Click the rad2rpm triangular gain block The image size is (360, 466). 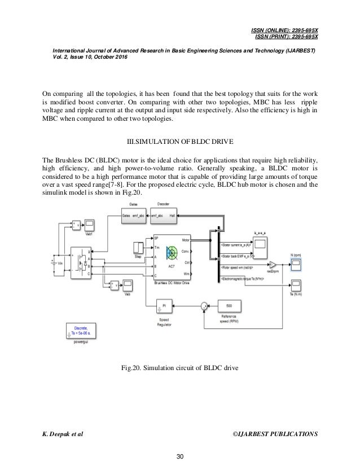coord(273,265)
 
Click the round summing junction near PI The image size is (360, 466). coord(202,305)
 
